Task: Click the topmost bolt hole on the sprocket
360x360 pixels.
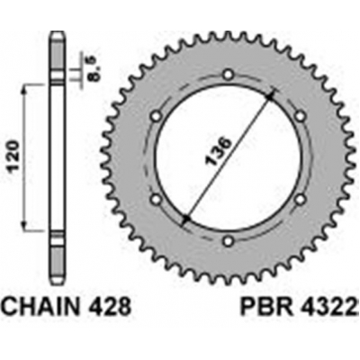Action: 228,74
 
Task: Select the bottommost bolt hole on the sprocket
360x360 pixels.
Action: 228,240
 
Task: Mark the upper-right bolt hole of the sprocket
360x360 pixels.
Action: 300,115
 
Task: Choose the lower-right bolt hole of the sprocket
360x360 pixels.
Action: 300,199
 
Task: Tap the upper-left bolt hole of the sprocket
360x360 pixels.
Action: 156,115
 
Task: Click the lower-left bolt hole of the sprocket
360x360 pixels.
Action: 156,199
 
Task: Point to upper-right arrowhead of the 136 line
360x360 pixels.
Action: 269,97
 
